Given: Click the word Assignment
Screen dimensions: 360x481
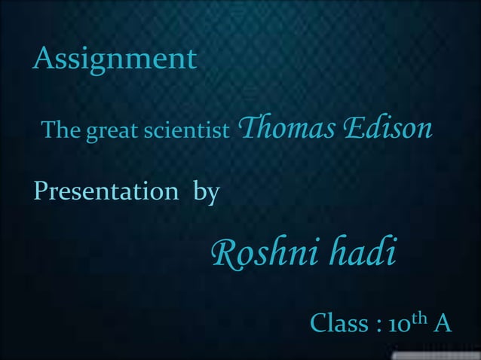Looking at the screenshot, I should [115, 59].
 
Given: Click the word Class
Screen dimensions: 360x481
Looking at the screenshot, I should [339, 325].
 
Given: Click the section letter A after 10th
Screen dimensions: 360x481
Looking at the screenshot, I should [443, 325].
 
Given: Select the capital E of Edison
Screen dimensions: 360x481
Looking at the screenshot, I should [349, 128].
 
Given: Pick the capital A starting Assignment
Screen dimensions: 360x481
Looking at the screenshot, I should [43, 57].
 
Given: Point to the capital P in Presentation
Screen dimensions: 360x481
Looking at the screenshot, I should [40, 191].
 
